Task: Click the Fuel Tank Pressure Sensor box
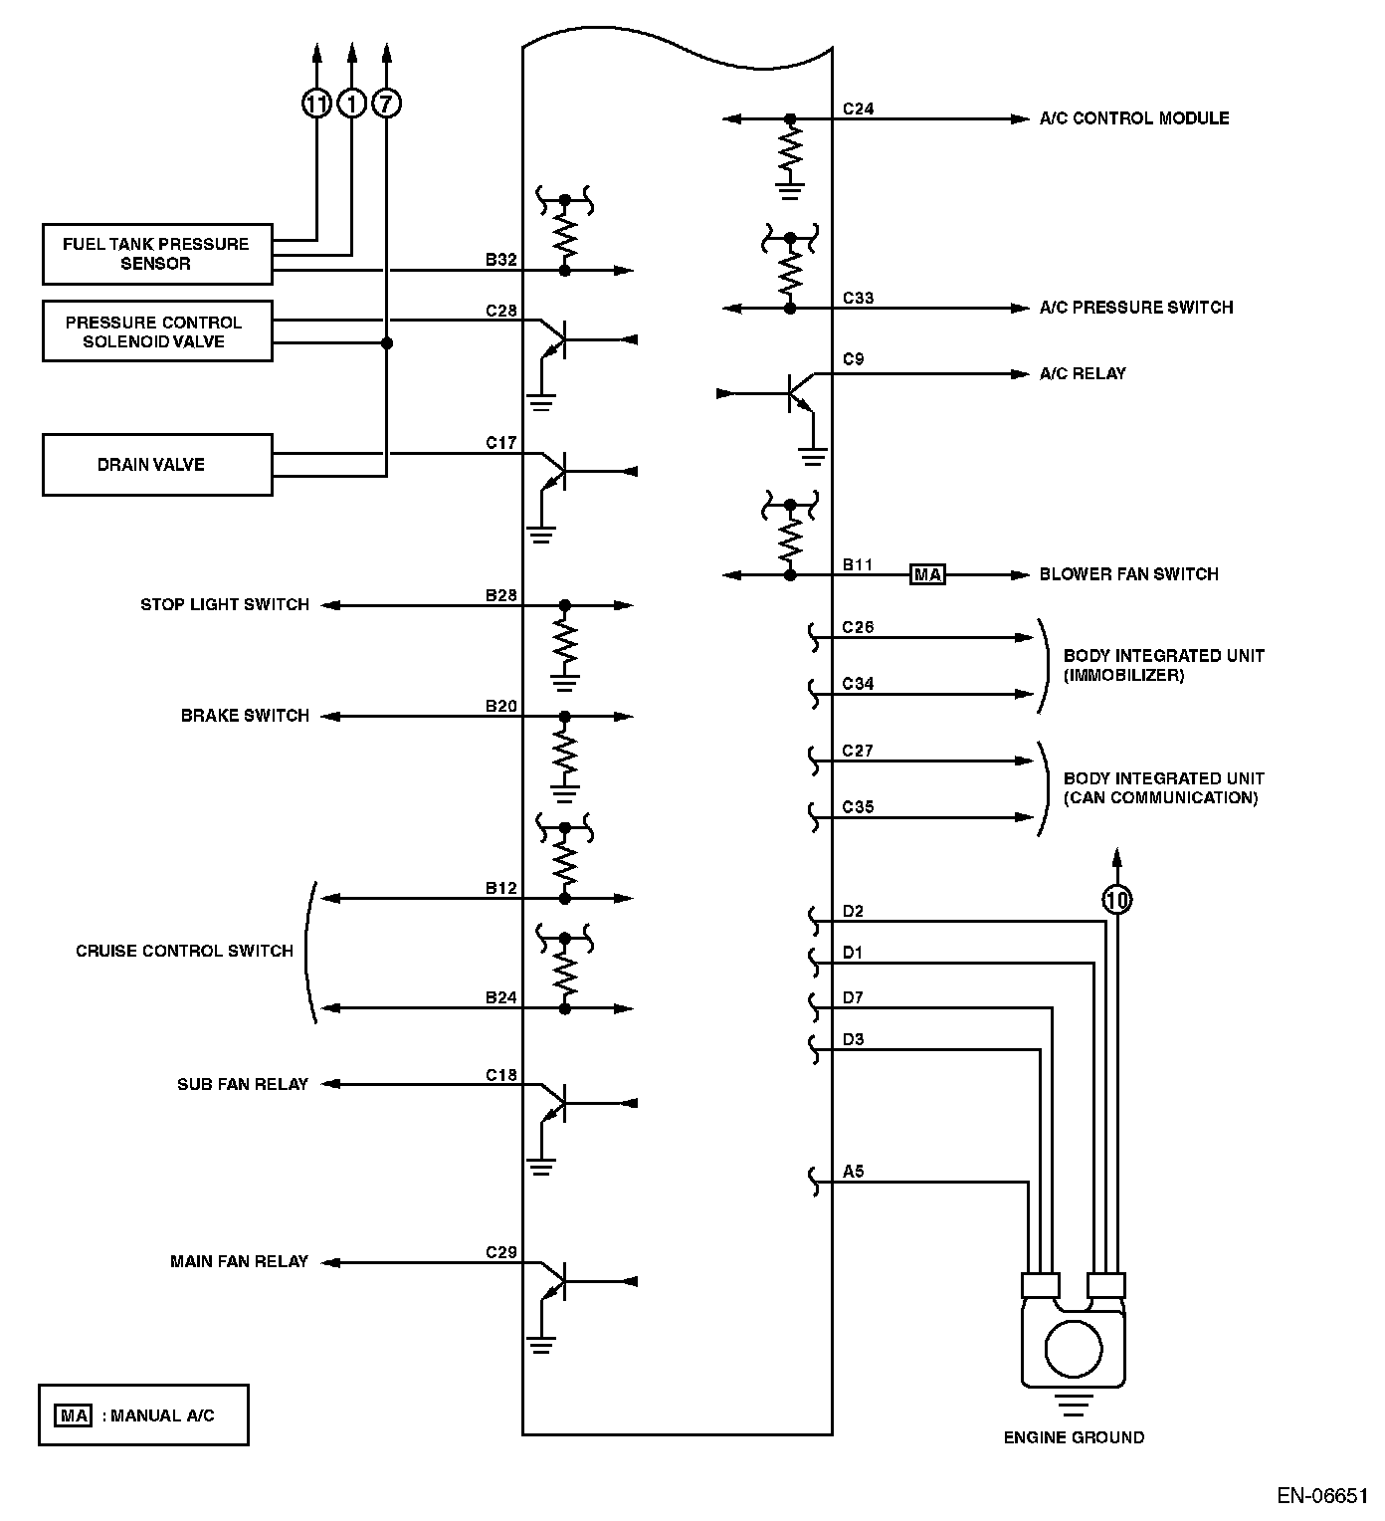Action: coord(157,254)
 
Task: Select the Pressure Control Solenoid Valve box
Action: coord(157,331)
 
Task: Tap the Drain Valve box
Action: coord(157,464)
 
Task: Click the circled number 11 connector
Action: coord(316,103)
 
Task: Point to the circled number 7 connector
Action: coord(386,103)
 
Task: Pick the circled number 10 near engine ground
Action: coord(1117,900)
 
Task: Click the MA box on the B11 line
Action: coord(927,574)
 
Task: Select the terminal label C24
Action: coord(858,109)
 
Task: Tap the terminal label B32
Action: coord(501,260)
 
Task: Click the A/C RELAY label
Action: coord(1083,373)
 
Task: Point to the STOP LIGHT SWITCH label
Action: coord(225,604)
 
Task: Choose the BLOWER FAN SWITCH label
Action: coord(1128,573)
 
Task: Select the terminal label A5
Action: coord(853,1172)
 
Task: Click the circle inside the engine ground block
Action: coord(1074,1349)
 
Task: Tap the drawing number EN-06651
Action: coord(1322,1496)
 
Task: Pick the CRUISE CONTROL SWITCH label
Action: coord(184,951)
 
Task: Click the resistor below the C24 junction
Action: coord(790,151)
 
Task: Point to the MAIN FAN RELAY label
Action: coord(239,1261)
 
